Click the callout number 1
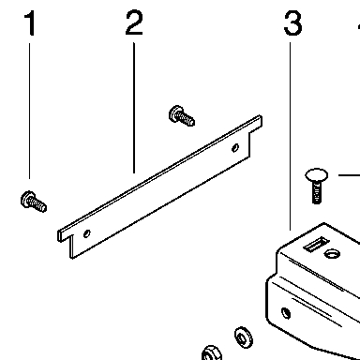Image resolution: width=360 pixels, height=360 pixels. (30, 22)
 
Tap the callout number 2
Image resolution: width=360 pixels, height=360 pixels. (134, 22)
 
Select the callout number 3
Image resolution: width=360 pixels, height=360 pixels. (292, 22)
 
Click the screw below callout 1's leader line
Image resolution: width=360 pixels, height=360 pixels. (34, 202)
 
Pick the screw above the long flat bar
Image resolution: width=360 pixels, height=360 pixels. (182, 116)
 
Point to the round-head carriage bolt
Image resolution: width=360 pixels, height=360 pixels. (317, 186)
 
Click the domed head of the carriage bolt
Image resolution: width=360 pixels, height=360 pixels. (317, 175)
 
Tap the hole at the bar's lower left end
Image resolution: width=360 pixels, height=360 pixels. (87, 233)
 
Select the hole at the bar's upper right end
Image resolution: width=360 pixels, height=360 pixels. (235, 148)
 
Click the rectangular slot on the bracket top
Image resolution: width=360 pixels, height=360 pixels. (317, 244)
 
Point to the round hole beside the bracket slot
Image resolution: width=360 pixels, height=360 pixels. (332, 253)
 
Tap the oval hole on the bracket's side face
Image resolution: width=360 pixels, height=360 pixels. (286, 313)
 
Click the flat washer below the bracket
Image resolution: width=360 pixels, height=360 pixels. (244, 337)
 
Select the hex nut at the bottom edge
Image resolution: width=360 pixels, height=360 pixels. (212, 353)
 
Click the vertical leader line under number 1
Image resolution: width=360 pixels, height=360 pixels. (30, 111)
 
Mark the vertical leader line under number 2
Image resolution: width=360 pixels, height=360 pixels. (134, 108)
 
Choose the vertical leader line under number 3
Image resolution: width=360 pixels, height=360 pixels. (290, 136)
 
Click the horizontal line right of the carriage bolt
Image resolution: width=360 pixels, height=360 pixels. (350, 175)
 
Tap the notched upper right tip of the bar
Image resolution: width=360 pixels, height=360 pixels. (261, 121)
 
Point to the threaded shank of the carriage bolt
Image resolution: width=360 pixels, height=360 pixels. (317, 192)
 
